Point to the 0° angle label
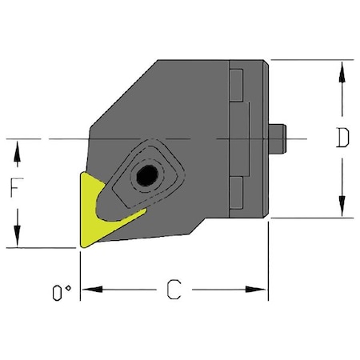click(x=58, y=294)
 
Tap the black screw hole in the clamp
click(x=146, y=174)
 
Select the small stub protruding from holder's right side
click(x=279, y=138)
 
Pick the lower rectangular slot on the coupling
click(x=237, y=192)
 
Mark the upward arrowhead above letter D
click(x=342, y=69)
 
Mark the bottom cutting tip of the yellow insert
click(x=82, y=245)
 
